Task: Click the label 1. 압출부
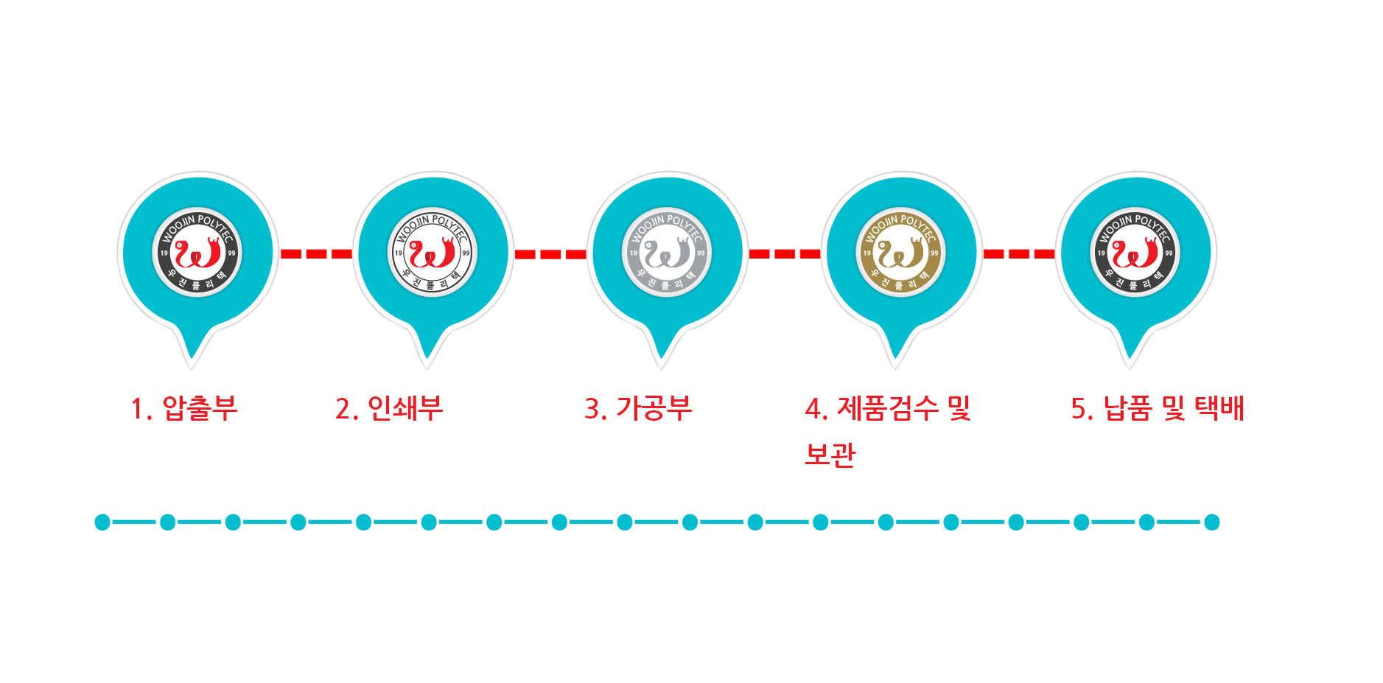184,408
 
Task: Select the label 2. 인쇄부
389,408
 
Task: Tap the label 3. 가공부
638,408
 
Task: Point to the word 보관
830,454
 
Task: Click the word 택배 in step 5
1219,408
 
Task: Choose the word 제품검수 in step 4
888,408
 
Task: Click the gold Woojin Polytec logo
900,253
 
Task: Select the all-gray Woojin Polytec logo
666,253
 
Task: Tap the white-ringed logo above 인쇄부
433,253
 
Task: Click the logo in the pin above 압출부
197,253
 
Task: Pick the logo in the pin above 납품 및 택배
1135,253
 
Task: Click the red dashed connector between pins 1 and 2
317,253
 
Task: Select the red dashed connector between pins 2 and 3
550,254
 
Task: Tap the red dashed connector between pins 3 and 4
785,253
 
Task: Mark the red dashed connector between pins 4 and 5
1019,253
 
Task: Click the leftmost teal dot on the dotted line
102,522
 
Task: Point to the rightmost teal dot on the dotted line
1212,522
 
